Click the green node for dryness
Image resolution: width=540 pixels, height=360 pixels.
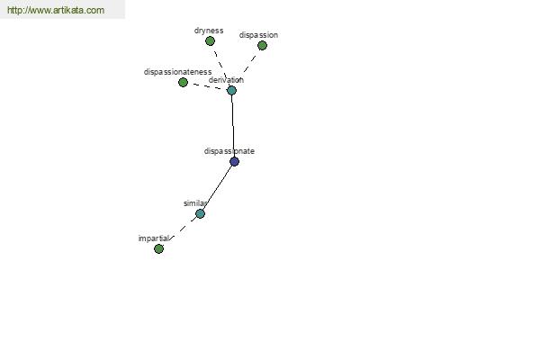coord(210,40)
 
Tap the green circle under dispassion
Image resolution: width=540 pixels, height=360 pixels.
coord(262,45)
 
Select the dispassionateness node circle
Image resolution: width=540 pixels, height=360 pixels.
coord(183,82)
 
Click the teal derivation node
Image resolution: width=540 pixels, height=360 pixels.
coord(231,90)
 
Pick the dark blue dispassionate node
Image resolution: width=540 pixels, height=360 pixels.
coord(234,161)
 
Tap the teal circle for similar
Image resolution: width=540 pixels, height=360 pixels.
coord(200,213)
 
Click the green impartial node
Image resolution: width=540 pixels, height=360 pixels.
coord(158,248)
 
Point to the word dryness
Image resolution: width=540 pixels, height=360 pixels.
coord(209,31)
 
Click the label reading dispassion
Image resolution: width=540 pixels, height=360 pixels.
coord(258,35)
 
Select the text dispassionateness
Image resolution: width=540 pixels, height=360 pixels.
coord(177,72)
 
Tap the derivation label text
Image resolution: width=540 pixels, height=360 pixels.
coord(226,80)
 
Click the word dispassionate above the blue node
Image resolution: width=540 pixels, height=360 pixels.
coord(229,151)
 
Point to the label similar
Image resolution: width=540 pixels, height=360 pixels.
coord(195,203)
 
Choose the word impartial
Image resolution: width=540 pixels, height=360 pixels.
coord(154,238)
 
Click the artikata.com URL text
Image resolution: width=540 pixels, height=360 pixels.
coord(56,11)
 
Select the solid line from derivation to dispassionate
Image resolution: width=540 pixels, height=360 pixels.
coord(233,126)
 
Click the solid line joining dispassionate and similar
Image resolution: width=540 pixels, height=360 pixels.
coord(218,186)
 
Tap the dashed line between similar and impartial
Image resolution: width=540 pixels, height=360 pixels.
coord(179,231)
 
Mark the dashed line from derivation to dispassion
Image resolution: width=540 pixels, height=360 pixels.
coord(247,67)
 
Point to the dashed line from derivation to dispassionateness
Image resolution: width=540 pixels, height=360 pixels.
coord(207,86)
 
